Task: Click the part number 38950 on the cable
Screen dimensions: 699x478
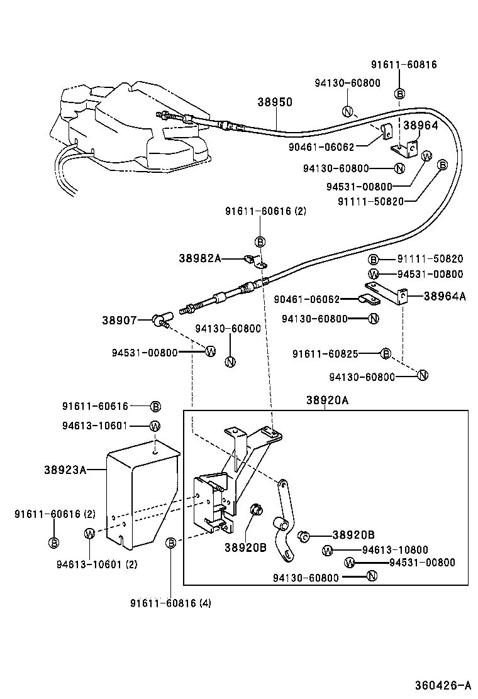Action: point(275,102)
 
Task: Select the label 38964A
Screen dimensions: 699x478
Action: point(445,296)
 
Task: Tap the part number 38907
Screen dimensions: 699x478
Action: point(119,320)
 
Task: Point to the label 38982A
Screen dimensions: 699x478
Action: point(199,258)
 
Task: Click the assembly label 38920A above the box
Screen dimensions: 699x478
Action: point(327,400)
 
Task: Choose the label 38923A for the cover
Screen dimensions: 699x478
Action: point(65,469)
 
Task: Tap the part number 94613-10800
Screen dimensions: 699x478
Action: point(395,551)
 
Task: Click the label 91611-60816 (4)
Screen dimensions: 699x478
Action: point(170,603)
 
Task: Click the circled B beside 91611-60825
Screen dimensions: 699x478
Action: point(386,355)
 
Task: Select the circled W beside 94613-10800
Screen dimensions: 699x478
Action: point(327,551)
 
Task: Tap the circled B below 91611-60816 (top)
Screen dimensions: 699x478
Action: point(399,94)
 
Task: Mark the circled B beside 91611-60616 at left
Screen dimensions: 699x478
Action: point(156,407)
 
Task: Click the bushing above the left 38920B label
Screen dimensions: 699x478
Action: point(257,510)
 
